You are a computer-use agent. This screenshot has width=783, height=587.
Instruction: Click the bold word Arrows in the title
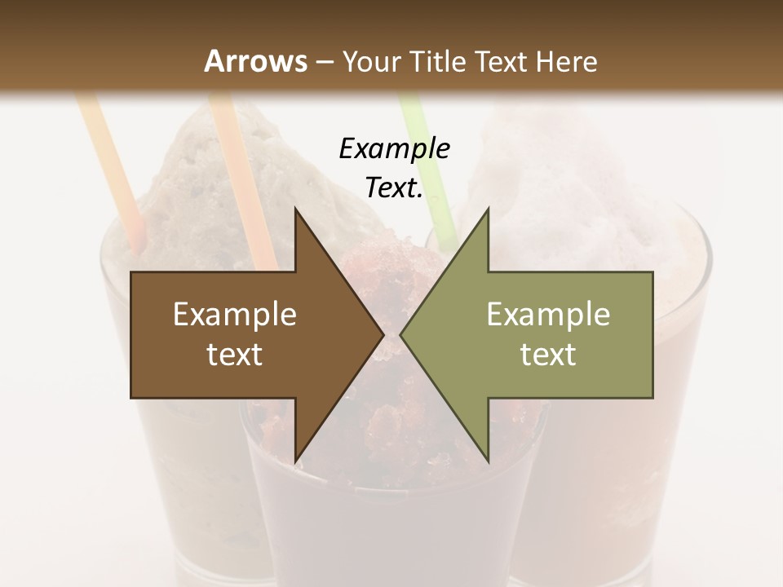click(255, 61)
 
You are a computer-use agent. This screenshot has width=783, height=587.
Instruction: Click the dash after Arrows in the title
click(324, 62)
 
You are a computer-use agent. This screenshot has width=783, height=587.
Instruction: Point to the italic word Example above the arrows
click(394, 148)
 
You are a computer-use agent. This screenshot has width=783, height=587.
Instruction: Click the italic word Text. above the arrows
click(394, 188)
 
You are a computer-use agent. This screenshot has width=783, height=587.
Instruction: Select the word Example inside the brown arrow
click(235, 314)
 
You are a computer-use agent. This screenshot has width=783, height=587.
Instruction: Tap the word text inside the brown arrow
click(235, 354)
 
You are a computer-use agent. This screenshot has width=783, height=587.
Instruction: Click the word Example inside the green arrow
click(548, 314)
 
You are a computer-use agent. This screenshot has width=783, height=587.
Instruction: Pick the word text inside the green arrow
click(548, 354)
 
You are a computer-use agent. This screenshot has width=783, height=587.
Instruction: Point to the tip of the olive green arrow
click(404, 334)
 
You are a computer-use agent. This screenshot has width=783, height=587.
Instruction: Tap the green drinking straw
click(424, 171)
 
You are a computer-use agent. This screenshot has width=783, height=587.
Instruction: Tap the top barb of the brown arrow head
click(298, 216)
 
